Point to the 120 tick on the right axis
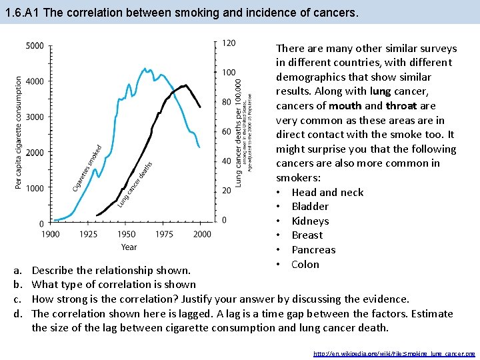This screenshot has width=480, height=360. (x=228, y=43)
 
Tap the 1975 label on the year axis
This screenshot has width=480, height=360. (x=165, y=234)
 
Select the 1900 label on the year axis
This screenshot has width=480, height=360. (x=51, y=234)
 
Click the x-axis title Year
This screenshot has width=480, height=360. (x=129, y=247)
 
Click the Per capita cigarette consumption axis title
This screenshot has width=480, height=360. (x=18, y=132)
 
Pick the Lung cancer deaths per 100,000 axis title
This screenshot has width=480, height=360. (x=239, y=130)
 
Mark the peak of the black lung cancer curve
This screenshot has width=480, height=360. (x=185, y=85)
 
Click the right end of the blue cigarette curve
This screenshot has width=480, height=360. (x=199, y=147)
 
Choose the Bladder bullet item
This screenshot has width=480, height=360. (x=310, y=207)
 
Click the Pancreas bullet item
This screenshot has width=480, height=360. (x=313, y=250)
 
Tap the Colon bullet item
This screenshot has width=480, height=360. (x=305, y=265)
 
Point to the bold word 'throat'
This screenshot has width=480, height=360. (x=401, y=105)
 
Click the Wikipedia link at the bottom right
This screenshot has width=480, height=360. (x=394, y=353)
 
